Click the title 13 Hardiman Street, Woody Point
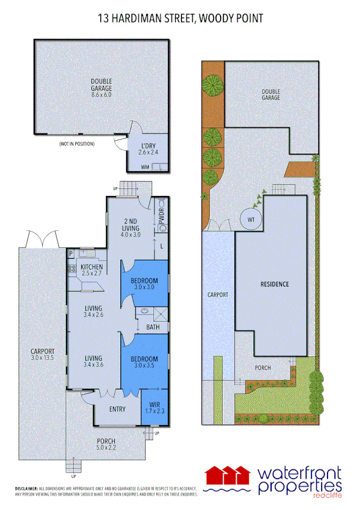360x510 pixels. (x=180, y=19)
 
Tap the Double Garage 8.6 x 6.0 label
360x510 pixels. (x=101, y=88)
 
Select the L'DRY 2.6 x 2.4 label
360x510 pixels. (x=148, y=149)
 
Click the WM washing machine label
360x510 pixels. (x=145, y=167)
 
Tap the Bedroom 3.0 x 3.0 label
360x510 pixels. (x=144, y=284)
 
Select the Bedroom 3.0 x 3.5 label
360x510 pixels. (x=144, y=362)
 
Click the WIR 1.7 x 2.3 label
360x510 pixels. (x=154, y=408)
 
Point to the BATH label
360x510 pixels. (x=153, y=327)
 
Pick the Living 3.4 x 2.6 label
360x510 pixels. (x=93, y=311)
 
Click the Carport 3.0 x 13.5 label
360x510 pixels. (x=43, y=354)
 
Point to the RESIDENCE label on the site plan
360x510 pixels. (x=275, y=284)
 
